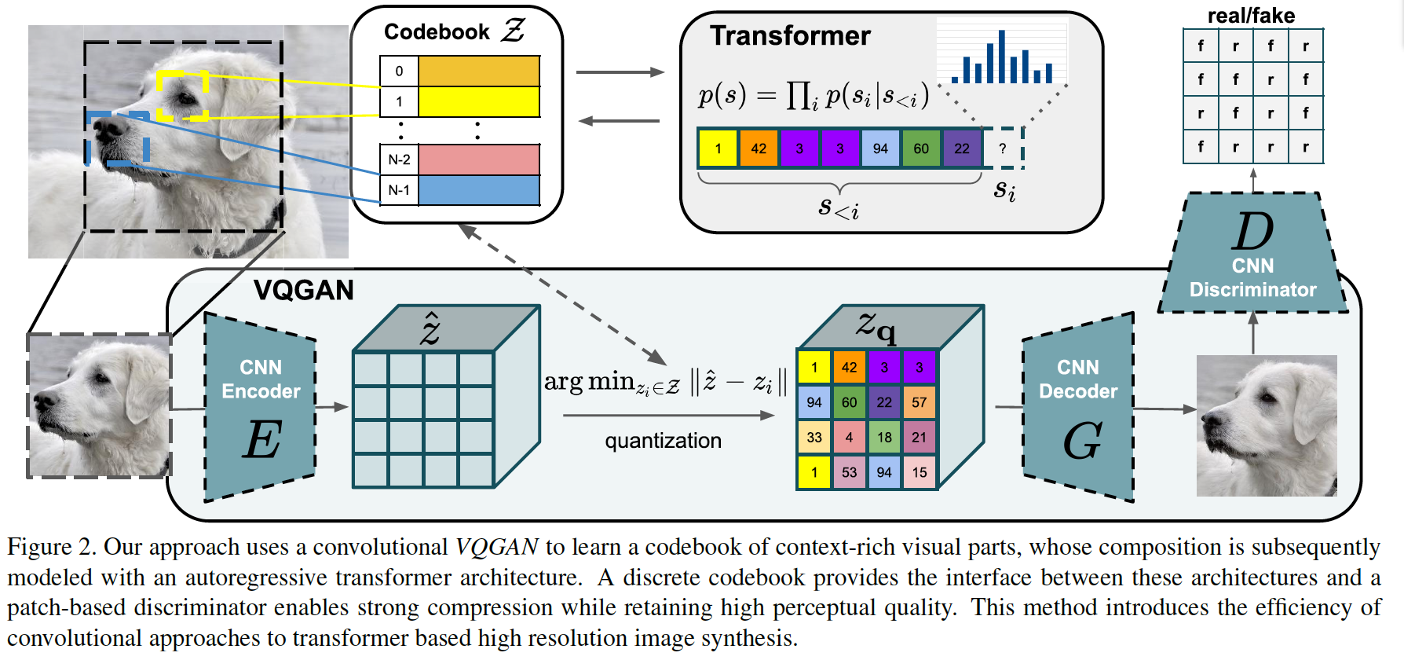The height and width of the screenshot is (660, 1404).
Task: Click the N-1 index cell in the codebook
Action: (x=399, y=190)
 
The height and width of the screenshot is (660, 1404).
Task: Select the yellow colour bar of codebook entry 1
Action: (x=479, y=101)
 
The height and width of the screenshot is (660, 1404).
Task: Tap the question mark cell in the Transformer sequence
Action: (x=1003, y=148)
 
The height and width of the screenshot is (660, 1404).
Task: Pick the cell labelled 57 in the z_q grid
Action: (x=920, y=402)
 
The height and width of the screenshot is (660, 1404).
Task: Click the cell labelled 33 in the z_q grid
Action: (x=814, y=438)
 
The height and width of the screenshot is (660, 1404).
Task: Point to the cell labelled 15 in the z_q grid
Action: (x=920, y=472)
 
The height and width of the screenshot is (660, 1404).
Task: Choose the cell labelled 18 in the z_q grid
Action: (x=884, y=438)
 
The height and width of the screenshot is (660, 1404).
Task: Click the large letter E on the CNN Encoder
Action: (x=261, y=439)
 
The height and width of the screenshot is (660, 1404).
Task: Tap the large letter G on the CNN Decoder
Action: (x=1083, y=441)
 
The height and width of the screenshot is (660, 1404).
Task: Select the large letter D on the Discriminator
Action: (x=1252, y=232)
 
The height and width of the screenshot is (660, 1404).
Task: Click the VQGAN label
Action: (x=303, y=291)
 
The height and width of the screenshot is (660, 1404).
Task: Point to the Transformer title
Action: (x=790, y=36)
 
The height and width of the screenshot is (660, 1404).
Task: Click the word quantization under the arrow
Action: (x=663, y=441)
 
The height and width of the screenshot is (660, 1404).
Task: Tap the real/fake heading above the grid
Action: (x=1251, y=15)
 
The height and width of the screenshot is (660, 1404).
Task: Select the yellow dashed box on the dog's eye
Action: (x=182, y=96)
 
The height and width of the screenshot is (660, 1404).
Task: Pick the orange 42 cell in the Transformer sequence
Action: (x=759, y=148)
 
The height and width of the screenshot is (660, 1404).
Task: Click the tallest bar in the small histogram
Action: (x=1001, y=57)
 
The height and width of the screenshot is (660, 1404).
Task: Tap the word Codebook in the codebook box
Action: (x=437, y=32)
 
